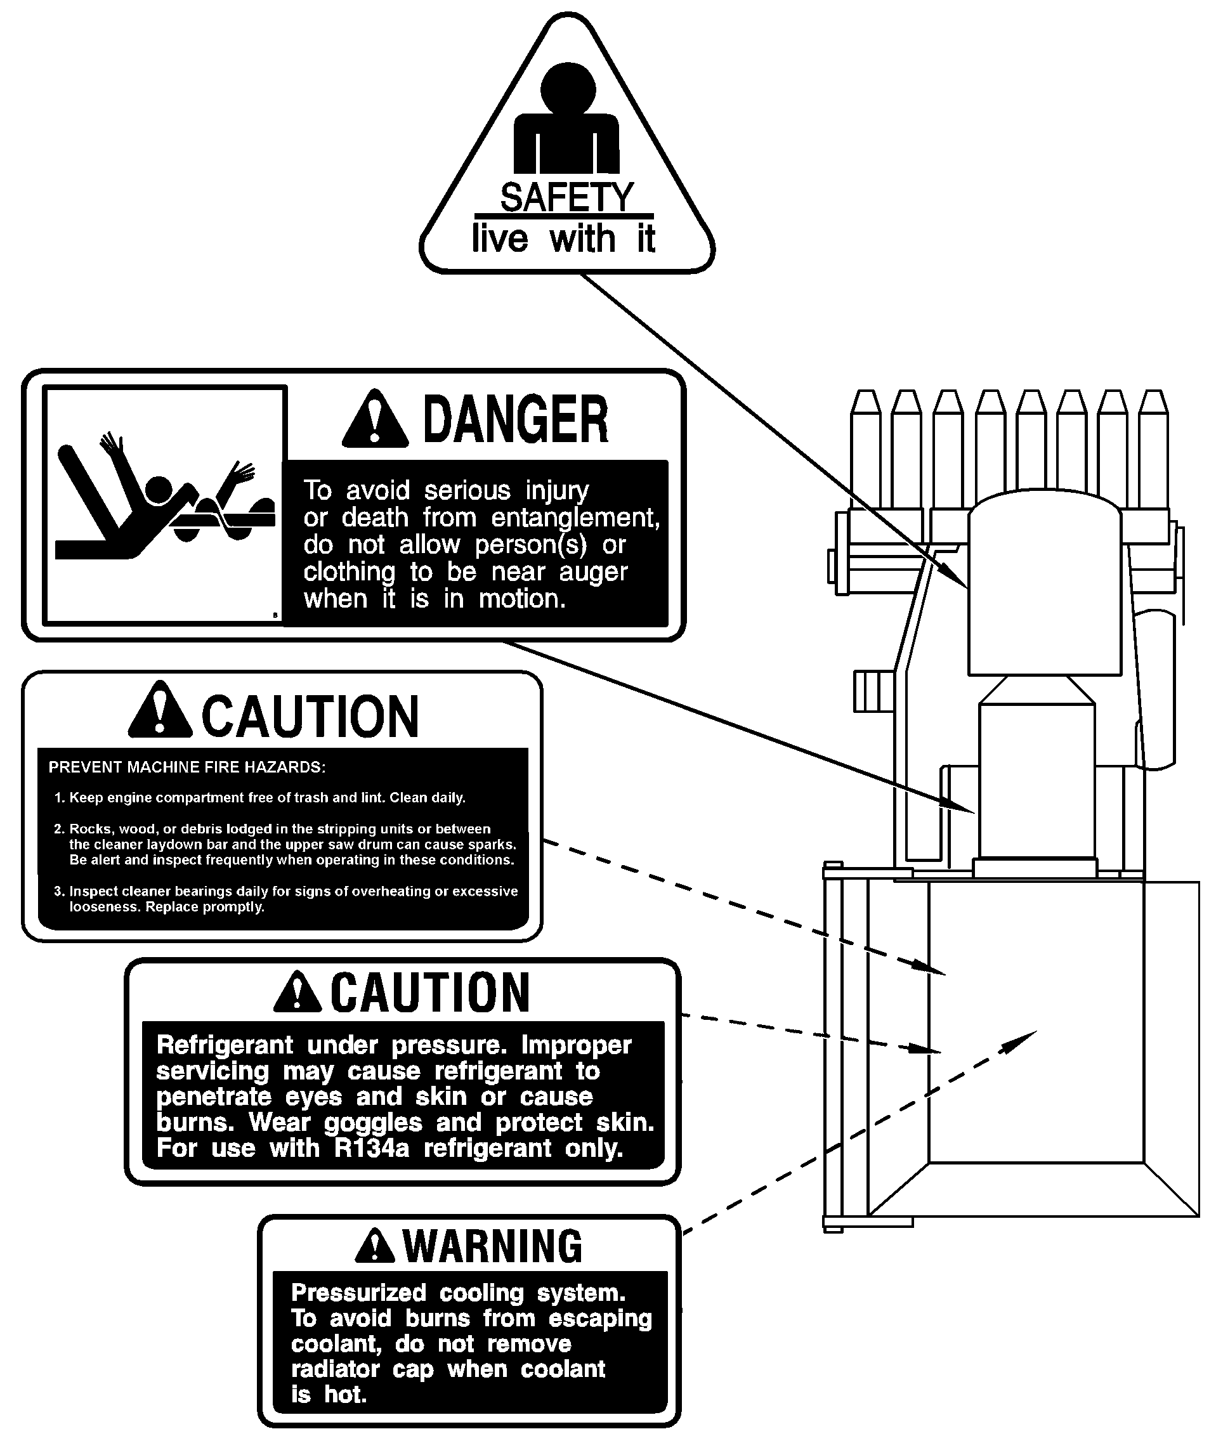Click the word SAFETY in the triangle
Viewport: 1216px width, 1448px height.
click(566, 198)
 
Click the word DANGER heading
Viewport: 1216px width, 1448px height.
click(515, 419)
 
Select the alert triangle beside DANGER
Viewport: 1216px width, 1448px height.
click(374, 418)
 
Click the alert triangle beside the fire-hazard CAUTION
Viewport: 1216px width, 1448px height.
click(160, 710)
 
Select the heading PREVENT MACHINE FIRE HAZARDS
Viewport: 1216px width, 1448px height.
click(187, 767)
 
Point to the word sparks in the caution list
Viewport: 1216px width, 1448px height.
click(492, 845)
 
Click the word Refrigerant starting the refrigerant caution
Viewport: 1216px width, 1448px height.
click(225, 1045)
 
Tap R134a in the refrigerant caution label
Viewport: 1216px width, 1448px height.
click(372, 1149)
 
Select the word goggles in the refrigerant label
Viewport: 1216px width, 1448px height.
click(373, 1123)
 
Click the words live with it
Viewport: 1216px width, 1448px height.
click(563, 238)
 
